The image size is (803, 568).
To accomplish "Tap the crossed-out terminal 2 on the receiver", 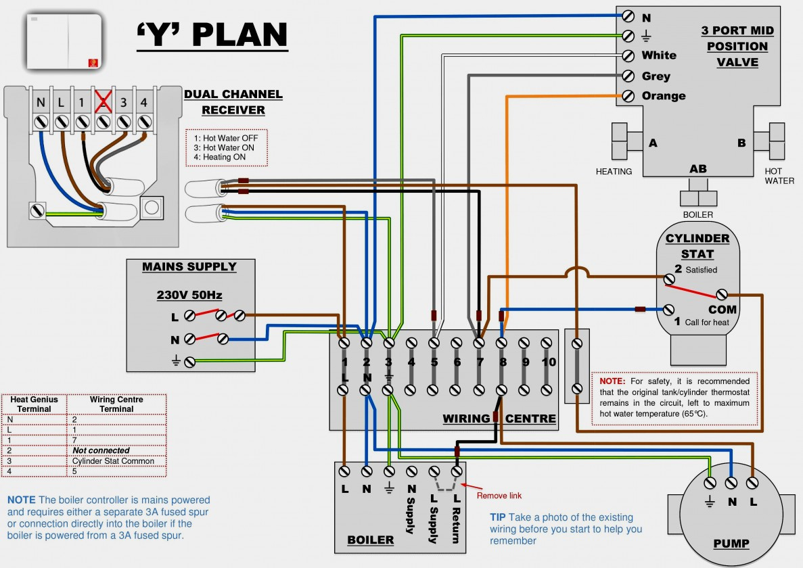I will (x=103, y=103).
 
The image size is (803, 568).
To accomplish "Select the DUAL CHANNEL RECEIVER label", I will (x=233, y=102).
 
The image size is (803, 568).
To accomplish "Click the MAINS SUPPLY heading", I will (x=189, y=266).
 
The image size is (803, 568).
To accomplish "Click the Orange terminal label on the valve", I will (x=664, y=96).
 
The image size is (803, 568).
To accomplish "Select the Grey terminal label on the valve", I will (x=656, y=76).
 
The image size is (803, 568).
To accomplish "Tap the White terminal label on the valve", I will (x=659, y=55).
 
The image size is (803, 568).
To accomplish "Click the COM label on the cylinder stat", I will (x=722, y=309).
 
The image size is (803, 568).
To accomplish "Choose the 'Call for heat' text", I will (x=707, y=323).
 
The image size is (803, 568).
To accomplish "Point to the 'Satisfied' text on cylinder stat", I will (x=701, y=270).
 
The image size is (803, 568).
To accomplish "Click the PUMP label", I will (x=731, y=543).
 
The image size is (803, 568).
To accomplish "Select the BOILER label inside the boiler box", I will (x=371, y=540).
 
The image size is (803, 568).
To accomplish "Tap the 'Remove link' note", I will (x=499, y=495).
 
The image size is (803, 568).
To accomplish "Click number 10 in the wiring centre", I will (x=548, y=362).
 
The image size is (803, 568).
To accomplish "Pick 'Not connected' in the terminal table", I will (x=101, y=450).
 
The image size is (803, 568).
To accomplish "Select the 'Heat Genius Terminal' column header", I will (x=34, y=404).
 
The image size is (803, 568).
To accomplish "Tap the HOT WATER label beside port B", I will (x=779, y=176).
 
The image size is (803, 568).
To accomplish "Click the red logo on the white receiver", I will (x=93, y=62).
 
